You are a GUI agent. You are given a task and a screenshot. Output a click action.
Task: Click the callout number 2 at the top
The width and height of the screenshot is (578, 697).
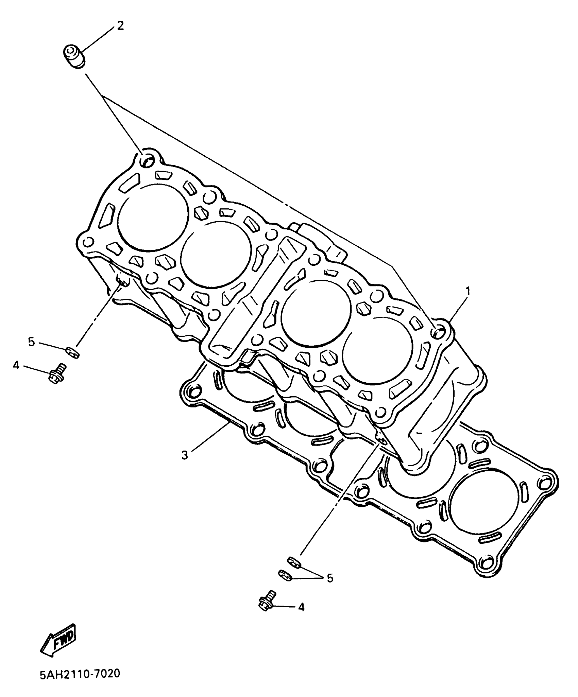[120, 25]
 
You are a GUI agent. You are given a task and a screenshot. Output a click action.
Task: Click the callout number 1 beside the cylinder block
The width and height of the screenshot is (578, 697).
[468, 291]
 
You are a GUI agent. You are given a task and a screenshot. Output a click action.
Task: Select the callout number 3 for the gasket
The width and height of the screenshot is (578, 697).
[184, 455]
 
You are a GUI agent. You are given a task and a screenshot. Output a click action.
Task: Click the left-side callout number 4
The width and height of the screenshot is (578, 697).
[16, 365]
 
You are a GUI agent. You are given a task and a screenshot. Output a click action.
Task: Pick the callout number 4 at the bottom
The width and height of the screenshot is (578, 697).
[301, 607]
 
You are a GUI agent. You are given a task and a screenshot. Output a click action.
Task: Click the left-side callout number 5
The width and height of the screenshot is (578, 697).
[31, 342]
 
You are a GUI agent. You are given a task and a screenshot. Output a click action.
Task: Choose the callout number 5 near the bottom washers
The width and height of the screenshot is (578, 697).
[330, 578]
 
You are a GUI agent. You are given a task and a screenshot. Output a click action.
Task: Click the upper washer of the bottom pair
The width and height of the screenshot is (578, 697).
[294, 562]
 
